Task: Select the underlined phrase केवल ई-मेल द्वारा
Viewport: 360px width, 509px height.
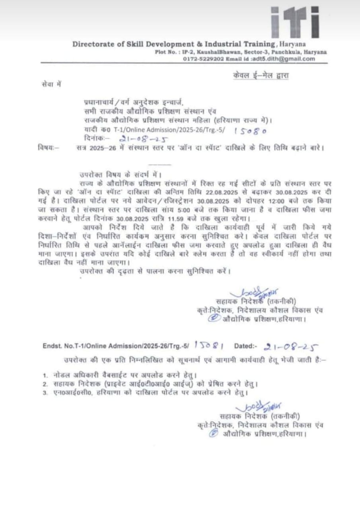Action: pyautogui.click(x=261, y=76)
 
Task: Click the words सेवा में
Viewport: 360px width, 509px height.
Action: pyautogui.click(x=51, y=84)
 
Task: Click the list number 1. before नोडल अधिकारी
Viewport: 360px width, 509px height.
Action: pyautogui.click(x=45, y=375)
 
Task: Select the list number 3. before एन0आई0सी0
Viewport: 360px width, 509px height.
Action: pyautogui.click(x=45, y=393)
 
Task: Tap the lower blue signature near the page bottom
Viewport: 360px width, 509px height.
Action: pyautogui.click(x=258, y=408)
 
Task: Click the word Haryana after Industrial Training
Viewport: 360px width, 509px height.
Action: pyautogui.click(x=292, y=45)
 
